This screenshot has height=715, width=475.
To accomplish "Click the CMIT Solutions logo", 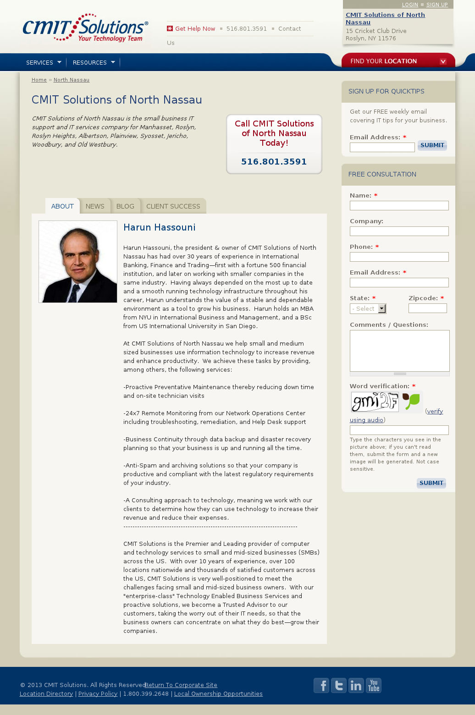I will pyautogui.click(x=85, y=28).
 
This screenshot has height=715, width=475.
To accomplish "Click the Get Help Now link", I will pyautogui.click(x=195, y=29).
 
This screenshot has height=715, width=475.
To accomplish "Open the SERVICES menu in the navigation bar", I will pyautogui.click(x=44, y=62).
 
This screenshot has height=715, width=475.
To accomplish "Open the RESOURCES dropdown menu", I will pyautogui.click(x=94, y=62).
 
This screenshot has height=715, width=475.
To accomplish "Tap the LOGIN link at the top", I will pyautogui.click(x=410, y=5).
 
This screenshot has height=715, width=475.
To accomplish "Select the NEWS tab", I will pyautogui.click(x=95, y=206).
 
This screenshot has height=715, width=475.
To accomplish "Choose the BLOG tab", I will pyautogui.click(x=125, y=206).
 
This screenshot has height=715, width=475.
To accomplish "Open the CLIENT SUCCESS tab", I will pyautogui.click(x=173, y=206).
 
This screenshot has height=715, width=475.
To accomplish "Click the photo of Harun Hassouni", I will pyautogui.click(x=78, y=262).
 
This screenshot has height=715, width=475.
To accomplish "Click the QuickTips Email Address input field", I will pyautogui.click(x=382, y=147).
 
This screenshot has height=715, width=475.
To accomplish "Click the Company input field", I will pyautogui.click(x=399, y=231).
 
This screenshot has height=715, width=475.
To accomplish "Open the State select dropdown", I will pyautogui.click(x=368, y=309).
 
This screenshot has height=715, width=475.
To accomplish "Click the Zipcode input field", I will pyautogui.click(x=427, y=308).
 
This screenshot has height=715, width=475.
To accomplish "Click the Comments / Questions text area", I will pyautogui.click(x=399, y=351).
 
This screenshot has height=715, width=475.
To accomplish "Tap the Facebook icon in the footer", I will pyautogui.click(x=321, y=686).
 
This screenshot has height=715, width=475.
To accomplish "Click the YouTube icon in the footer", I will pyautogui.click(x=374, y=686).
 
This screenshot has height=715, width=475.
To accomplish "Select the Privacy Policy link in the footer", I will pyautogui.click(x=98, y=694).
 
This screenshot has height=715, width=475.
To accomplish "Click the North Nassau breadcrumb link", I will pyautogui.click(x=72, y=80).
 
